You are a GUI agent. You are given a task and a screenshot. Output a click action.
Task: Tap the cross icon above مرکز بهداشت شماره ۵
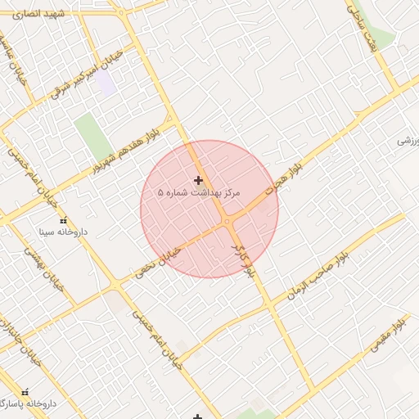198,180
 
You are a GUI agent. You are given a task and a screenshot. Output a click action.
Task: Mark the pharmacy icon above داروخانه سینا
63,220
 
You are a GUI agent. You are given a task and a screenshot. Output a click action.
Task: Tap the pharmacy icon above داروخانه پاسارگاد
25,393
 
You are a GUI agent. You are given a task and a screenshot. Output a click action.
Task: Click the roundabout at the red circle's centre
226,221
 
